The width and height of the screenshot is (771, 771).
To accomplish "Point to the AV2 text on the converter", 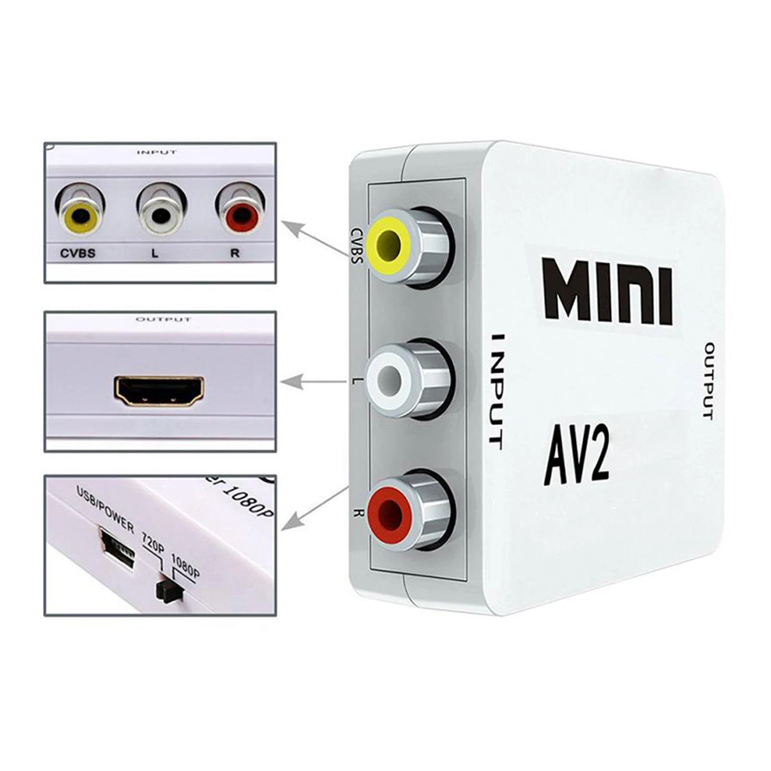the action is click(577, 456).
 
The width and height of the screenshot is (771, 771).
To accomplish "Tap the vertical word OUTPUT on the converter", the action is click(708, 380).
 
